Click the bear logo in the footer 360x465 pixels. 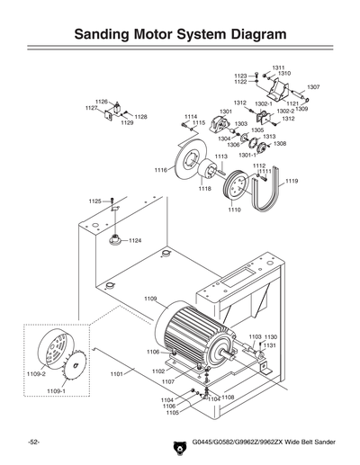click(x=177, y=445)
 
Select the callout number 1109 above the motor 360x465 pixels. click(x=150, y=299)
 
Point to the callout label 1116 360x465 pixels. click(x=160, y=170)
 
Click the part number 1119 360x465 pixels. click(x=292, y=182)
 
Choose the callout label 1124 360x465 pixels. click(x=135, y=241)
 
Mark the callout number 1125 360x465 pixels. click(x=94, y=201)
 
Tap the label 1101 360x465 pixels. click(x=116, y=373)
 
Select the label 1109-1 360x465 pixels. click(x=56, y=392)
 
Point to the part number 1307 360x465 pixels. click(x=313, y=87)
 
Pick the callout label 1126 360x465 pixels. click(x=101, y=102)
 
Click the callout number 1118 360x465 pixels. click(x=205, y=189)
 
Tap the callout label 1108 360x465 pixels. click(x=228, y=397)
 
